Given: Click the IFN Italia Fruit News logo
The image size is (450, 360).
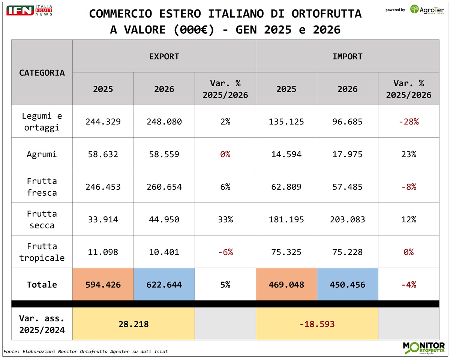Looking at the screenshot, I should [29, 10].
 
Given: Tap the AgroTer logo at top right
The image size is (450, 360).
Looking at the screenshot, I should [427, 10].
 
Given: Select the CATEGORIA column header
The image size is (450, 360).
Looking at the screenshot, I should [42, 72].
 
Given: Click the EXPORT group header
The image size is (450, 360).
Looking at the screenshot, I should [164, 57].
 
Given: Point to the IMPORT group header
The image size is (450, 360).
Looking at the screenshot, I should [347, 57].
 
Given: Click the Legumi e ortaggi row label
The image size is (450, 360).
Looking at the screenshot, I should [42, 121].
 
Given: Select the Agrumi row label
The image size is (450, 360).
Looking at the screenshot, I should [42, 154].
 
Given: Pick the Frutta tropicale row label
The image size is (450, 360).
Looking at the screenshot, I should [42, 252].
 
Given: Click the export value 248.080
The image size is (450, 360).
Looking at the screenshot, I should [164, 122].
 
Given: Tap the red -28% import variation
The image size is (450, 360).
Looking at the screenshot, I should [408, 122].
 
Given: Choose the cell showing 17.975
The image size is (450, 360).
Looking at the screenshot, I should [347, 154].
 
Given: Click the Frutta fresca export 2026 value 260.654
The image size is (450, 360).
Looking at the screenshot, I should [164, 187].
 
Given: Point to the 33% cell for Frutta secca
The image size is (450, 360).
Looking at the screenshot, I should [225, 219].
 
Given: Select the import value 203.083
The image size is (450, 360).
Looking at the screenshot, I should [347, 219].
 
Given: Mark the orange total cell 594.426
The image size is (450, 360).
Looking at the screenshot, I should [103, 285].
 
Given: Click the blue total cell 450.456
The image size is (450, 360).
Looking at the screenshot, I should [347, 285].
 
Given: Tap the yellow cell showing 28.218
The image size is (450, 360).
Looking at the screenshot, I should [133, 324].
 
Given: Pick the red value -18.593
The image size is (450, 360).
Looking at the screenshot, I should [317, 324].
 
